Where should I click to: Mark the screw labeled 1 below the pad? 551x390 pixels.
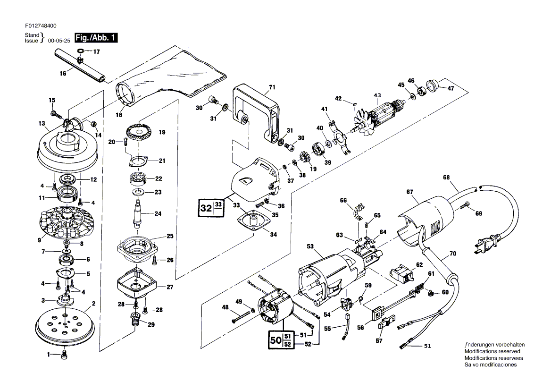click(x=65, y=355)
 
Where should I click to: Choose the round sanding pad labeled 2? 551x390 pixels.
click(x=65, y=326)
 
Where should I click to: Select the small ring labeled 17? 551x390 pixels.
click(x=80, y=51)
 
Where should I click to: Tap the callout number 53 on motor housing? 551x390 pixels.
click(x=310, y=246)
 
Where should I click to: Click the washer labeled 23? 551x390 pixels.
click(x=139, y=192)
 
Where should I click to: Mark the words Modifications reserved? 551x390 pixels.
click(x=492, y=351)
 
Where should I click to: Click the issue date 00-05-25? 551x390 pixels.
click(x=59, y=41)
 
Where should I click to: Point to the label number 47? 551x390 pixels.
click(x=451, y=88)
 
